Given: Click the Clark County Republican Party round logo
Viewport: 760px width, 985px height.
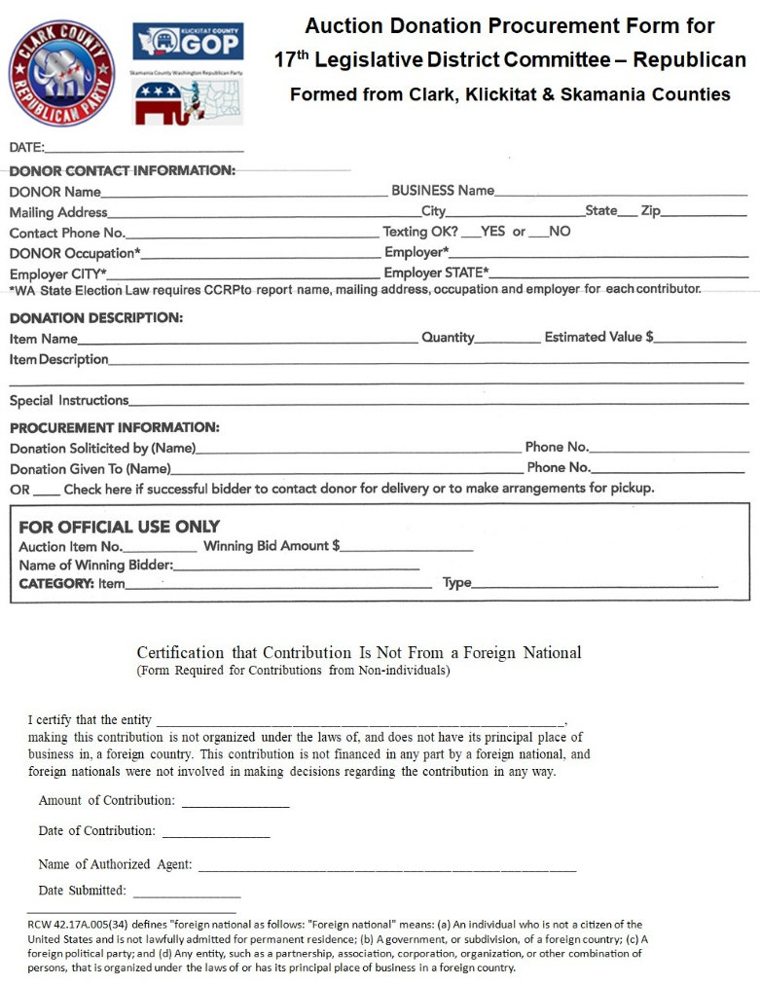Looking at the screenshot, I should [61, 74].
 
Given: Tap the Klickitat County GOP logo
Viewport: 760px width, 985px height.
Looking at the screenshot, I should [188, 42].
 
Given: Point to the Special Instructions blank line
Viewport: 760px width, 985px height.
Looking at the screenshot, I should [438, 401].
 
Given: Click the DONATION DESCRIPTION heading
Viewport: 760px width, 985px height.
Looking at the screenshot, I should [95, 317].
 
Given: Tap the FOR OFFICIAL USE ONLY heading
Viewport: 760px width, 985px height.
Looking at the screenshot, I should [119, 527].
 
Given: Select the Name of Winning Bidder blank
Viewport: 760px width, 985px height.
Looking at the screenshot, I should [297, 565].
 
